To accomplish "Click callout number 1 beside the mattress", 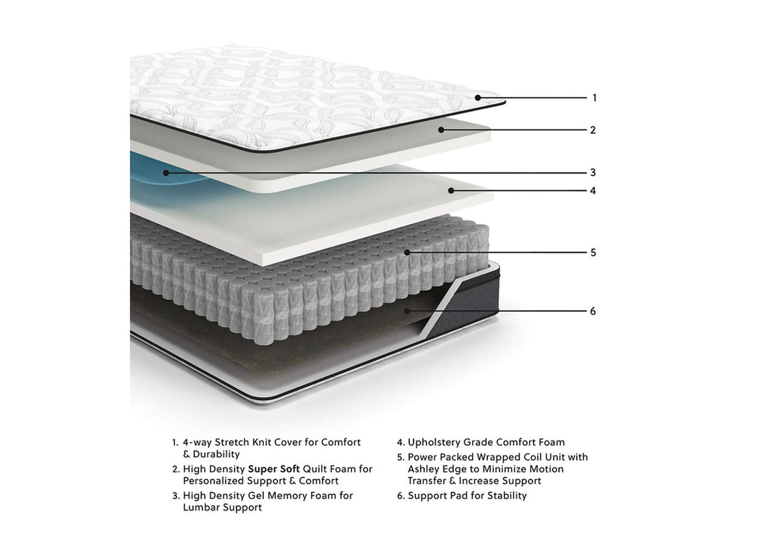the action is pos(594,97).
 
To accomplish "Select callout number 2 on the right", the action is pos(593,130).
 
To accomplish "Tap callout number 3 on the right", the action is pos(593,172).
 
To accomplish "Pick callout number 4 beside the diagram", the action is pos(593,190).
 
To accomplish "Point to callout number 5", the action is pos(593,253).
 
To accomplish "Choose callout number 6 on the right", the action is pos(593,311).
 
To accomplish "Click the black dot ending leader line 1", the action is pos(478,97).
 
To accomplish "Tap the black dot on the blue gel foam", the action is pos(166,173).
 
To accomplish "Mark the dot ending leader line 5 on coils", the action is pos(407,252).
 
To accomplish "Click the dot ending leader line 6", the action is pos(407,311).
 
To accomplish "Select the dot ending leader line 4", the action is pos(451,190).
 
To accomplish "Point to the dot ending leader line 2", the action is pos(441,130).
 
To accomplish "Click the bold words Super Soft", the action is pos(274,469).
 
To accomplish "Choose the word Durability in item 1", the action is pos(216,454).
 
